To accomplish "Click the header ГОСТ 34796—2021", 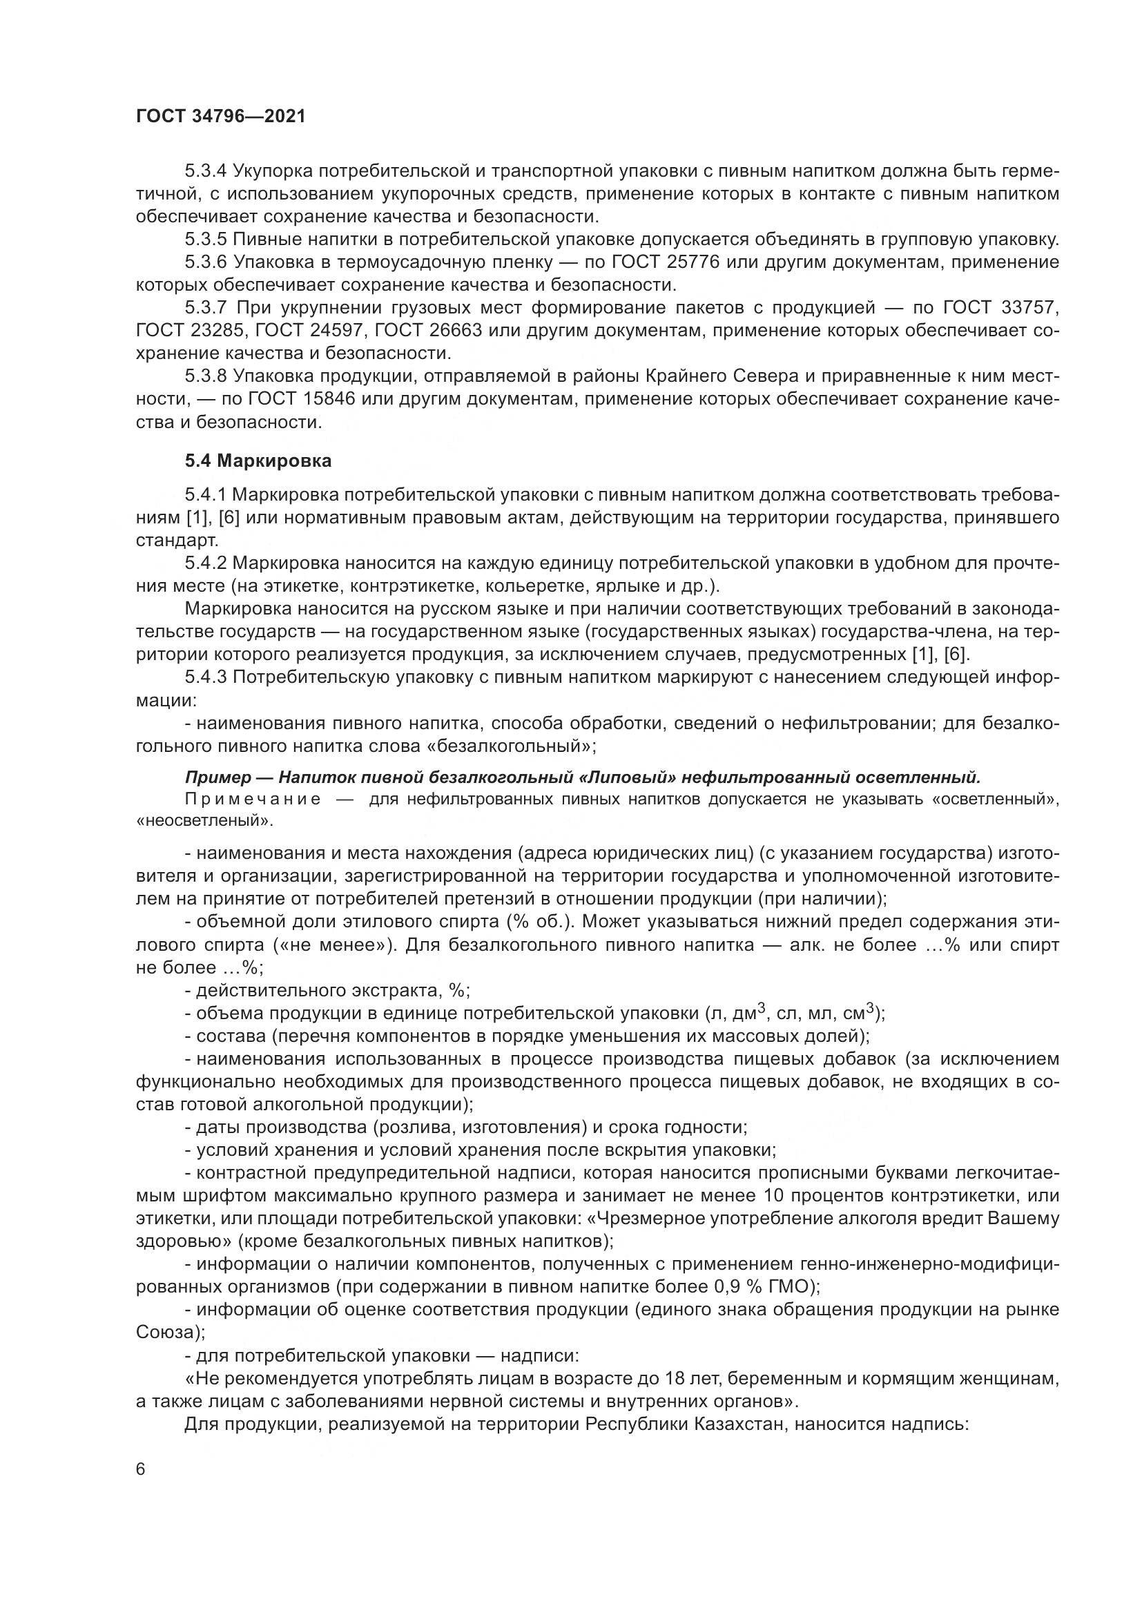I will (x=221, y=117).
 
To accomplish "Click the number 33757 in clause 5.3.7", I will (x=1028, y=308).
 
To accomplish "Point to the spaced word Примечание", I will (x=253, y=799).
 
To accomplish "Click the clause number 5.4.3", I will (x=206, y=677).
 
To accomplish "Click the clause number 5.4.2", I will (x=206, y=563).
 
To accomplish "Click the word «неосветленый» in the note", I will (x=204, y=820).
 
